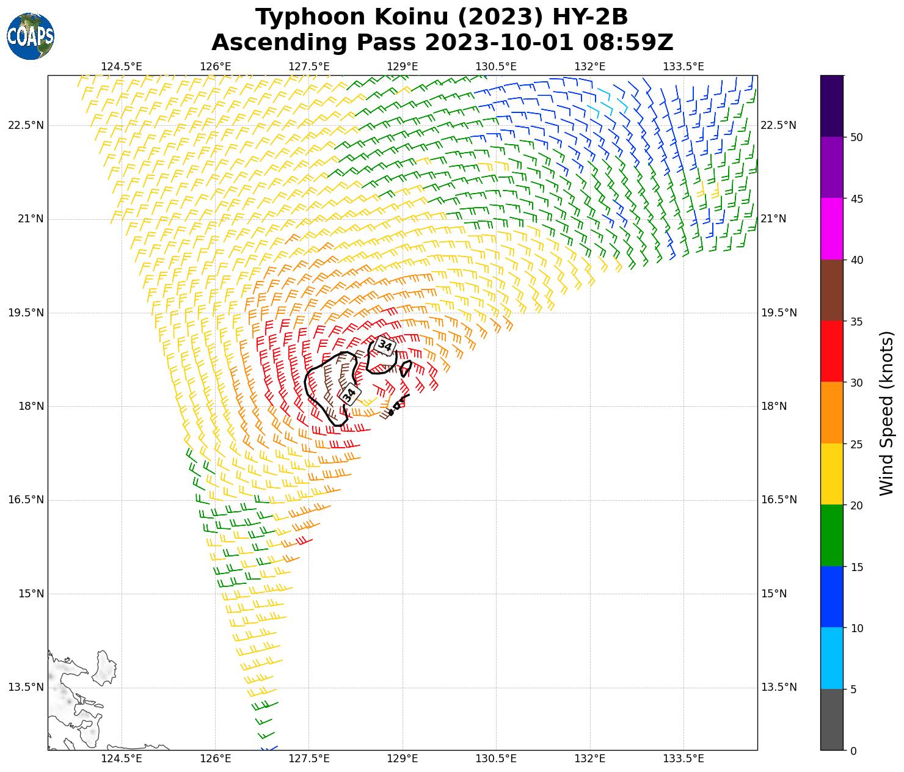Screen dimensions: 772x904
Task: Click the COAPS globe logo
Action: pyautogui.click(x=31, y=37)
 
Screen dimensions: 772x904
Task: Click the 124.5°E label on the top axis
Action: pyautogui.click(x=122, y=67)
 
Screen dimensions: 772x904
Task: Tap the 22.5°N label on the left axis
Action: pyautogui.click(x=26, y=125)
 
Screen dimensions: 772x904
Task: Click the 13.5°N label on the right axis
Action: pyautogui.click(x=779, y=687)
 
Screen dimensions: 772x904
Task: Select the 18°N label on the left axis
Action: pyautogui.click(x=30, y=406)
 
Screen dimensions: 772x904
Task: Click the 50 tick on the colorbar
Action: pyautogui.click(x=856, y=137)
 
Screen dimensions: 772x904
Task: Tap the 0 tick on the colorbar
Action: pyautogui.click(x=853, y=751)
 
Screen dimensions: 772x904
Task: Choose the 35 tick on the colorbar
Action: pyautogui.click(x=856, y=321)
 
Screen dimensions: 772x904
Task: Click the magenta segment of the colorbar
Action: pyautogui.click(x=831, y=229)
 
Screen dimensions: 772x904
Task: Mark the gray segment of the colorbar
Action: pyautogui.click(x=831, y=719)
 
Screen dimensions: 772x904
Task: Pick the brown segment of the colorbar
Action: pyautogui.click(x=831, y=290)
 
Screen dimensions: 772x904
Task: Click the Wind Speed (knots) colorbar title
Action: pyautogui.click(x=886, y=413)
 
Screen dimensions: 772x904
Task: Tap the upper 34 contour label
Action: pyautogui.click(x=385, y=346)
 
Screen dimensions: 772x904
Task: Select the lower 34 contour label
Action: pyautogui.click(x=349, y=395)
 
